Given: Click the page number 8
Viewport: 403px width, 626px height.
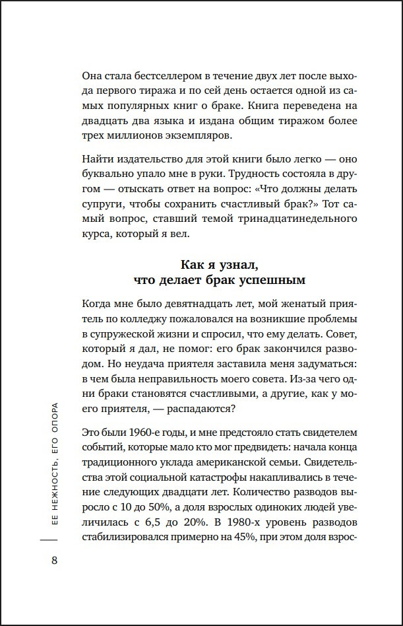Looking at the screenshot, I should tap(54, 561).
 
